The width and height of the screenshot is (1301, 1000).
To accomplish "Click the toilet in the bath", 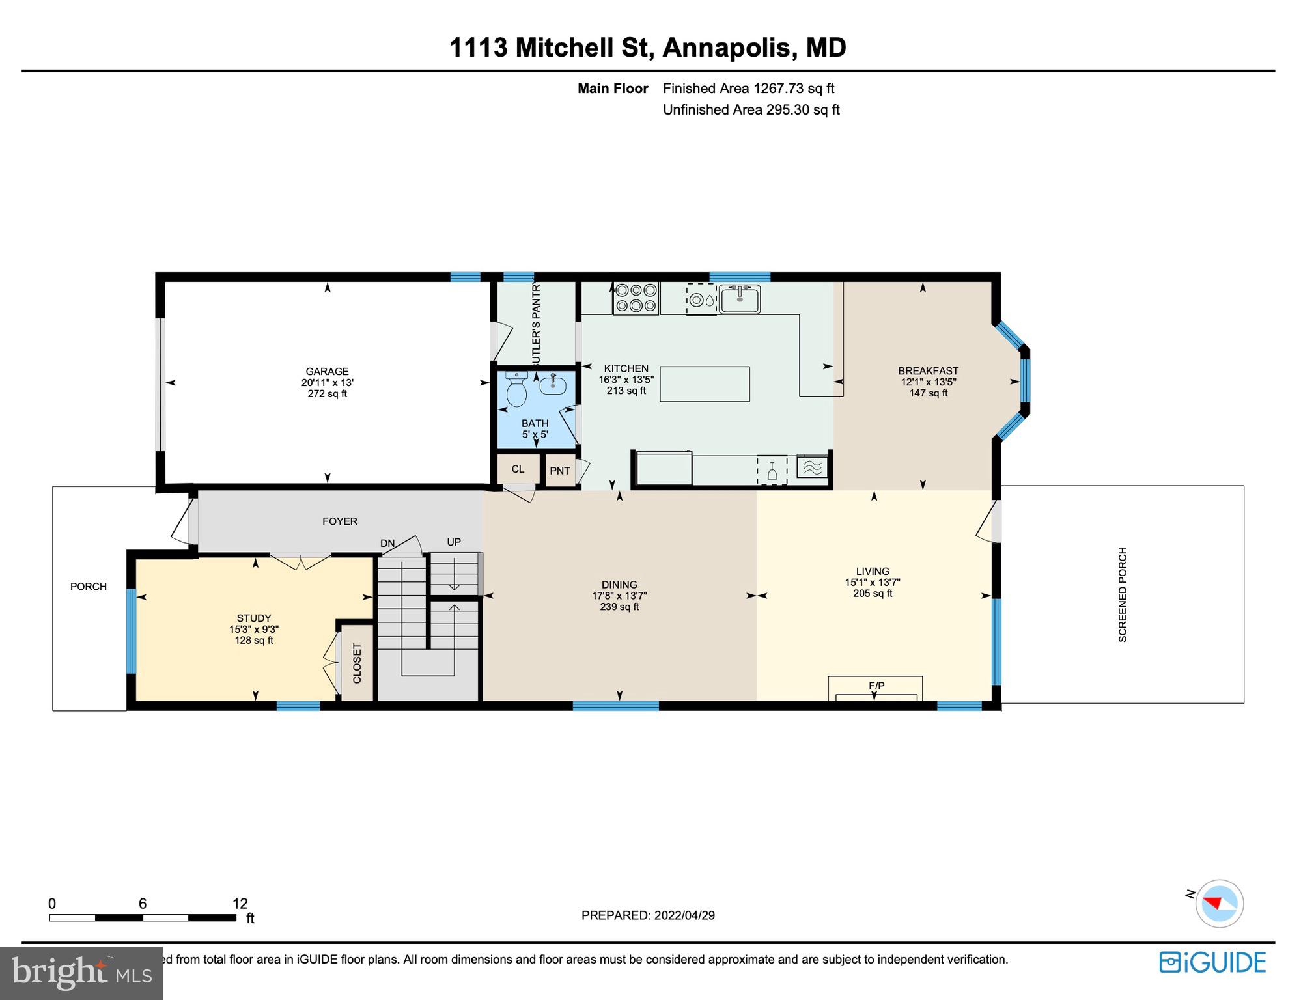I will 516,390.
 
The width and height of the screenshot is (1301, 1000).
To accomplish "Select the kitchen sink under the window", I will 740,299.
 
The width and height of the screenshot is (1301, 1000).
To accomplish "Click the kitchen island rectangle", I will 705,384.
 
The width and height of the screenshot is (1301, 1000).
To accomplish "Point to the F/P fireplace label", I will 876,686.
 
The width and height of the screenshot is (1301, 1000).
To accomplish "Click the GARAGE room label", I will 327,372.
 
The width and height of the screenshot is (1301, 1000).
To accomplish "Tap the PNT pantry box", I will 560,471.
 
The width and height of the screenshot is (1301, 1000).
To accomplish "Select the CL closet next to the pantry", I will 518,469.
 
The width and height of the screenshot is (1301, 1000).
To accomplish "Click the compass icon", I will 1219,904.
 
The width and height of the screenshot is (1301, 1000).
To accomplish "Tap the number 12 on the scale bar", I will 240,904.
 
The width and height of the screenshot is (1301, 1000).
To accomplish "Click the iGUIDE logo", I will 1212,962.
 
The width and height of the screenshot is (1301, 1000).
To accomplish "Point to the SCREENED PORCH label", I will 1123,594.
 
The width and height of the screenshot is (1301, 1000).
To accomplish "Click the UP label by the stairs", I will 454,542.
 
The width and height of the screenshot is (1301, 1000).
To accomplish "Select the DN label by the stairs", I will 387,543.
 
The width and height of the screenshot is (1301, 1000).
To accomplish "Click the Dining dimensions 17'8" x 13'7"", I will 619,596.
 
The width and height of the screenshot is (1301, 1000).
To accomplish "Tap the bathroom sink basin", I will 553,385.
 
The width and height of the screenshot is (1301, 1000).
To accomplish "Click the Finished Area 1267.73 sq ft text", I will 748,89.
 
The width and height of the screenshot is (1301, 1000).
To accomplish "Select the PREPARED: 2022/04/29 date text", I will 648,915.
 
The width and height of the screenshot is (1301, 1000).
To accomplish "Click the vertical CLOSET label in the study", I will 357,663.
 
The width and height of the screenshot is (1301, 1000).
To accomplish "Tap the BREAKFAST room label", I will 928,371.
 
